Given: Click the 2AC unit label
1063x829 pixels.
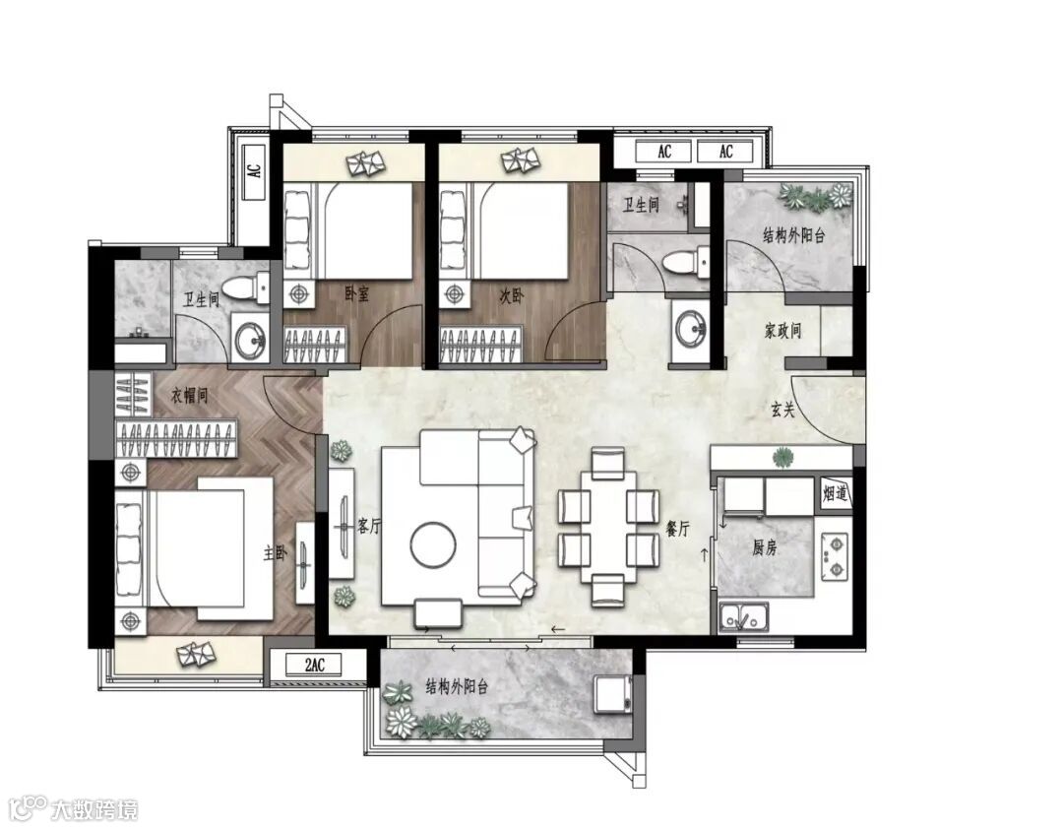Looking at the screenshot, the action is [315, 665].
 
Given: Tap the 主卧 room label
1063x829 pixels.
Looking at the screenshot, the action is [275, 553].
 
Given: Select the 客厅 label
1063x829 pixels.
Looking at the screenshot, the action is [368, 526].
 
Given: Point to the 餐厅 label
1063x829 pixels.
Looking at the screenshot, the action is [677, 529].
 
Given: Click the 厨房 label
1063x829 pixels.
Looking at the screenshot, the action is [764, 547].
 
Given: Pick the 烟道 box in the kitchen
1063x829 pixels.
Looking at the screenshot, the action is [836, 492].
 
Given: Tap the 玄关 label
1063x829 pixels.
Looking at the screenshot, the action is [782, 409].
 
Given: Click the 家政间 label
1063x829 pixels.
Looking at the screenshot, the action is [783, 331].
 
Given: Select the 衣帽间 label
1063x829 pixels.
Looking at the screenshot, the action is [188, 396].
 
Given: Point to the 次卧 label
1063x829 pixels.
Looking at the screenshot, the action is [512, 295].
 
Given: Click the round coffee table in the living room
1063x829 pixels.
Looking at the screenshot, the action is [433, 544].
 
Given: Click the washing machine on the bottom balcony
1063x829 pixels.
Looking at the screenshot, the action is [613, 694].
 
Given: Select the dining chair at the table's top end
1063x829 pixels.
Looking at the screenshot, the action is [607, 464].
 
